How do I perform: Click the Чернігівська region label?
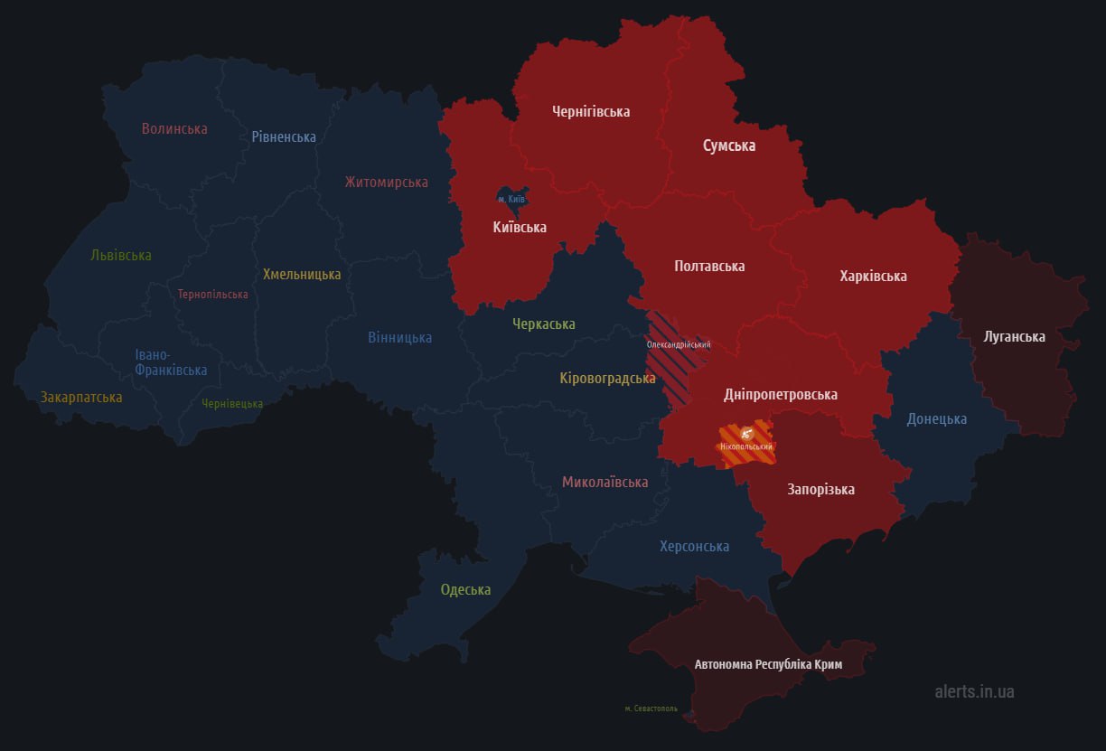pyautogui.click(x=591, y=112)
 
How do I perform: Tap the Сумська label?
pyautogui.click(x=729, y=146)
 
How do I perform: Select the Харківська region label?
pyautogui.click(x=873, y=276)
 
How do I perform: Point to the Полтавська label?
pyautogui.click(x=709, y=266)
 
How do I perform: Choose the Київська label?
pyautogui.click(x=520, y=228)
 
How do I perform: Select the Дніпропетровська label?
pyautogui.click(x=781, y=395)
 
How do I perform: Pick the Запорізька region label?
pyautogui.click(x=820, y=490)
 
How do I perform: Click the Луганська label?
pyautogui.click(x=1014, y=337)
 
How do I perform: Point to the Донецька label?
pyautogui.click(x=937, y=418)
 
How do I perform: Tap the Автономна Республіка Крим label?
pyautogui.click(x=768, y=664)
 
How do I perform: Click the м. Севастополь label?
pyautogui.click(x=651, y=709)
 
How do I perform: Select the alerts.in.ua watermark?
pyautogui.click(x=974, y=691)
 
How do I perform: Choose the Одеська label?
pyautogui.click(x=465, y=590)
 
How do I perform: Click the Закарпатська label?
pyautogui.click(x=81, y=397)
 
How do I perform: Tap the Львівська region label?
pyautogui.click(x=121, y=256)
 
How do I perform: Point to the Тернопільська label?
pyautogui.click(x=212, y=295)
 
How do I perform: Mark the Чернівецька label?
pyautogui.click(x=232, y=404)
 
